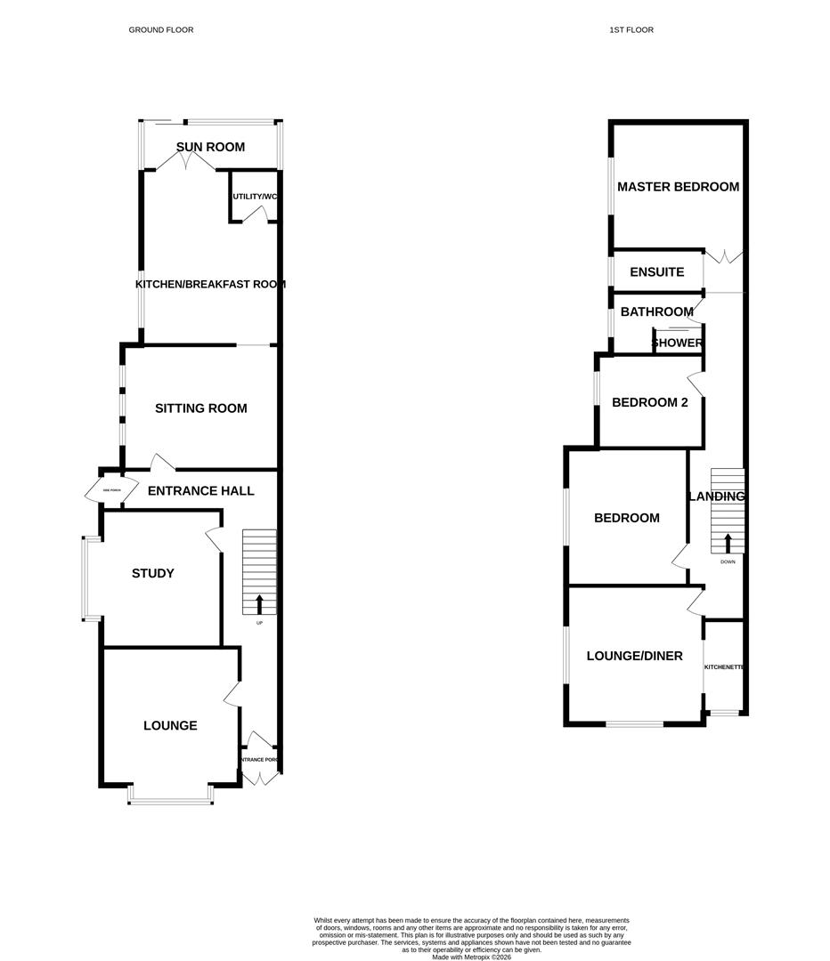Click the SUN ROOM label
[210, 147]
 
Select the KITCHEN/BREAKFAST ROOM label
[210, 284]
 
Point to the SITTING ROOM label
[200, 408]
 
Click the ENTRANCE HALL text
[200, 490]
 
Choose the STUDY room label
[153, 573]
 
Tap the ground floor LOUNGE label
[170, 725]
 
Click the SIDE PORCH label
[111, 490]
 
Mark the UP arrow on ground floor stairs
[259, 604]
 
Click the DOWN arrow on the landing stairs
[728, 543]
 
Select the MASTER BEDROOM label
[678, 187]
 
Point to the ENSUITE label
[656, 272]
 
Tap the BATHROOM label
[656, 311]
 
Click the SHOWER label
[678, 343]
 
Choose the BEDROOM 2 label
[650, 402]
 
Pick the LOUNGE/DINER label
[634, 656]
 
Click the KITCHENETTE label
[724, 666]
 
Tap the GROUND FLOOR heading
[161, 30]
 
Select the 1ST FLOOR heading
[631, 30]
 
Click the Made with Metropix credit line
[472, 957]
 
